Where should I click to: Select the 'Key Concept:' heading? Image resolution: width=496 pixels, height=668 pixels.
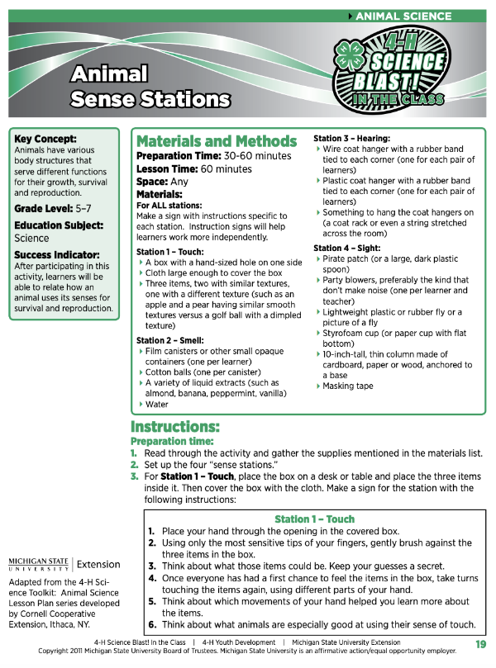coord(45,139)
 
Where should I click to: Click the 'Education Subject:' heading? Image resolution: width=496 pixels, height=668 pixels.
coord(57,225)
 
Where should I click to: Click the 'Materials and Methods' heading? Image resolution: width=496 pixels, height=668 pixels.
coord(216,141)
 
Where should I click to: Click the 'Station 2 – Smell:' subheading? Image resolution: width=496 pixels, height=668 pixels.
coord(174,340)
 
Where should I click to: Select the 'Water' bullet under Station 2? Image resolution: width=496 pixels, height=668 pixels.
coord(157,405)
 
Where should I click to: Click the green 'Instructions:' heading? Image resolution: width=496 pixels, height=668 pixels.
coord(174,427)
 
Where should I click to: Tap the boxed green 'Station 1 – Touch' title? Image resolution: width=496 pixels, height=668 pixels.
coord(314,519)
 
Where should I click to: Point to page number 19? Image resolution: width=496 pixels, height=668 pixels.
coord(480,644)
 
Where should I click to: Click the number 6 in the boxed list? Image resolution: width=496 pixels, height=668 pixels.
coord(151,625)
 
